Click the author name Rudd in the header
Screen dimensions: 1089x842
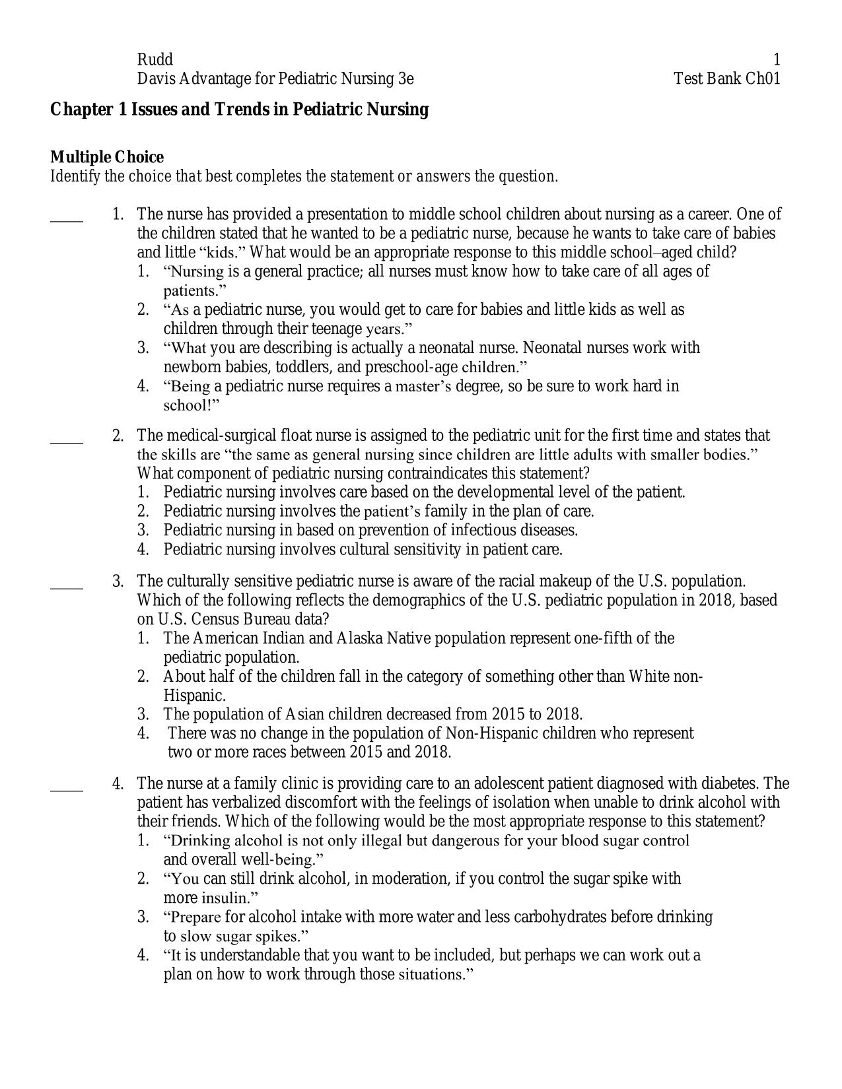155,60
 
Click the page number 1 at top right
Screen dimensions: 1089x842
777,60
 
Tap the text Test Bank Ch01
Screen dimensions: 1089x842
726,79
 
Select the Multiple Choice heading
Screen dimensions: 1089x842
107,157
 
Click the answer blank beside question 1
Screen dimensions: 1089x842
67,220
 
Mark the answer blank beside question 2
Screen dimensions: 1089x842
67,441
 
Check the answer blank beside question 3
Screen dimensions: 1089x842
67,587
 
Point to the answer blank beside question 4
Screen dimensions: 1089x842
67,789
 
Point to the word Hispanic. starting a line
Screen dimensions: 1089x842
195,696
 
